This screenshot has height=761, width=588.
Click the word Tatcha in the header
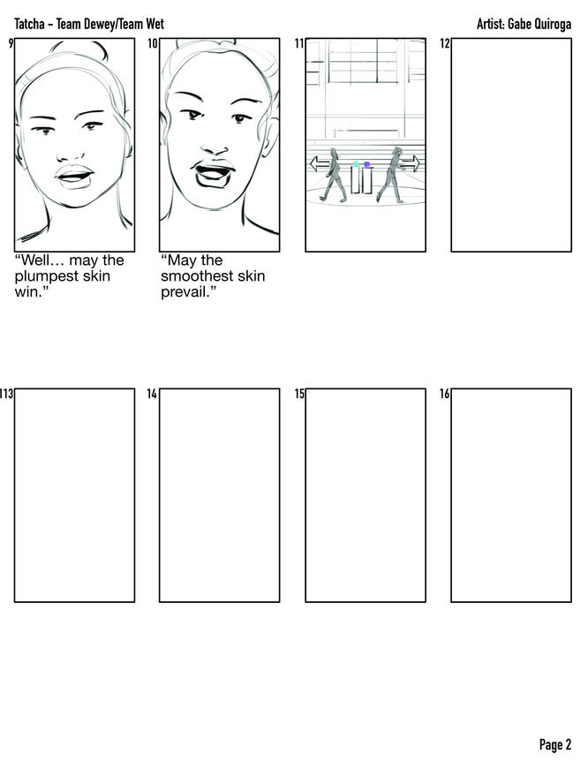[x=29, y=24]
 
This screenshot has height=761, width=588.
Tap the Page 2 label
[x=555, y=744]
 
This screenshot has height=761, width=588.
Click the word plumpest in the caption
[x=45, y=276]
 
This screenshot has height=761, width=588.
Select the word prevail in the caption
[x=185, y=292]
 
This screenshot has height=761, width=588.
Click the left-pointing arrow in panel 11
[x=320, y=163]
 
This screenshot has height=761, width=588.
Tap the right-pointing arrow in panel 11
[x=410, y=163]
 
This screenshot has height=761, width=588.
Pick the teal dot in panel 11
[x=356, y=164]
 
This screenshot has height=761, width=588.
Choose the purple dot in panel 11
[x=366, y=164]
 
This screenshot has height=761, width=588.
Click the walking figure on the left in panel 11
[x=335, y=175]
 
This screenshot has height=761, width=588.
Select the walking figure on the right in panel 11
[x=391, y=175]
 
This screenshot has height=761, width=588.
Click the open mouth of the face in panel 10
[x=214, y=174]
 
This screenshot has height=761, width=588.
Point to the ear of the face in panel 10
[x=270, y=138]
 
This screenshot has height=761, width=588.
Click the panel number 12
[x=445, y=43]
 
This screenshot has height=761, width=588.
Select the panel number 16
[x=445, y=394]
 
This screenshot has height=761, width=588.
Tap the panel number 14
[x=152, y=394]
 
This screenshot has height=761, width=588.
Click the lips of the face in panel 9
[x=75, y=177]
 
